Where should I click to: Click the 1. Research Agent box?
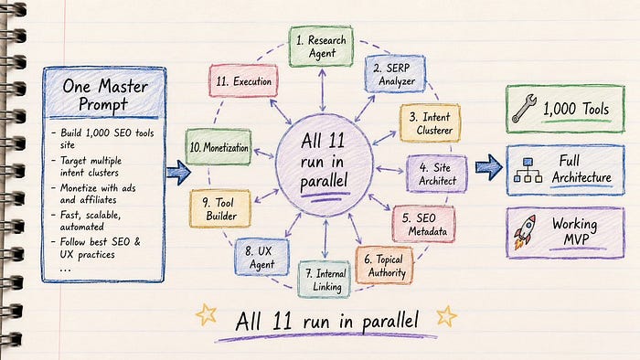pos(321,47)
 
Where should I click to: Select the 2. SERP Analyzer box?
pos(395,74)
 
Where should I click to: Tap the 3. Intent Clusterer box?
pos(430,123)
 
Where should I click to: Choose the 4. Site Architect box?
pos(437,174)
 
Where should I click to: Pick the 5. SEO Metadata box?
pos(423,224)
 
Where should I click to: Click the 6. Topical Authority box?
pos(384,265)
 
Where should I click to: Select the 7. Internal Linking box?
pos(325,280)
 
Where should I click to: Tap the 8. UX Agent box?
pos(261,258)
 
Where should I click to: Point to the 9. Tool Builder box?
pos(220,208)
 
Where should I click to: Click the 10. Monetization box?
pos(218,147)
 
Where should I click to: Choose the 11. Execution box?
pos(243,80)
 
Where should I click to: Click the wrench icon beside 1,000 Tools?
pos(524,109)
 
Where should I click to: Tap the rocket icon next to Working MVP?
pos(525,231)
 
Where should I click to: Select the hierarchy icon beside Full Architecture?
pos(528,171)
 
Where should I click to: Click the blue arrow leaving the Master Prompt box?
pos(178,173)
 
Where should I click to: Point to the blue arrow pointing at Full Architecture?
pos(488,167)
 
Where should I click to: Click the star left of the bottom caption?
pos(206,314)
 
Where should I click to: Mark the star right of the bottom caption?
pos(446,316)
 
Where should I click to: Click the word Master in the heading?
pos(123,87)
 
